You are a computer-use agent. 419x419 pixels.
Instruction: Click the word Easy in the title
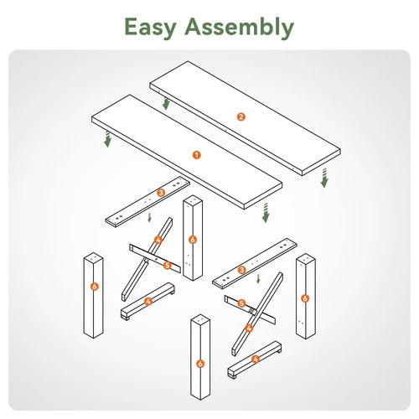click(150, 27)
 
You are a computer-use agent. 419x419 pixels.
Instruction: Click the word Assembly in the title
click(239, 27)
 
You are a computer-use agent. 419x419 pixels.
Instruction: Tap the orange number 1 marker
click(197, 155)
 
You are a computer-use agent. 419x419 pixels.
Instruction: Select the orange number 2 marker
click(241, 116)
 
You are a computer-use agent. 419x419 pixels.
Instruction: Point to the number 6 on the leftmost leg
click(95, 287)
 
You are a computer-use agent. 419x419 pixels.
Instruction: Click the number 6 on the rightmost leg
click(305, 298)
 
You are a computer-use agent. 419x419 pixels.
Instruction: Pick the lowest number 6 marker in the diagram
click(200, 364)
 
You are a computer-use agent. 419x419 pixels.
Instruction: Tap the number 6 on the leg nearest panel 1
click(193, 240)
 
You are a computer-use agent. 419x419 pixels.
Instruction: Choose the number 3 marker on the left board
click(161, 193)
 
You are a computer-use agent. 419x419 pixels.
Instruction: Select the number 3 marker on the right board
click(242, 270)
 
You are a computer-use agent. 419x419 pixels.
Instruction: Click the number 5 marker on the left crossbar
click(167, 265)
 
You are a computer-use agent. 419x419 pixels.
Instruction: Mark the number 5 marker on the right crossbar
click(241, 303)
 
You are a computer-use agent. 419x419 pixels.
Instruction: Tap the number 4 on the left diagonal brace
click(158, 240)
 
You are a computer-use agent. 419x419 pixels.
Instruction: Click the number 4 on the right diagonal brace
click(249, 328)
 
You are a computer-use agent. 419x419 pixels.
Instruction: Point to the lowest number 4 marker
click(255, 360)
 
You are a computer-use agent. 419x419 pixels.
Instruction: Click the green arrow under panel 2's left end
click(166, 103)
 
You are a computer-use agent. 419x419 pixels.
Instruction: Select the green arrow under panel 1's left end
click(107, 139)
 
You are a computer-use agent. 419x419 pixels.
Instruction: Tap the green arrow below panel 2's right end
click(324, 178)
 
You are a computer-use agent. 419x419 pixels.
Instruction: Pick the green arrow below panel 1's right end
click(266, 213)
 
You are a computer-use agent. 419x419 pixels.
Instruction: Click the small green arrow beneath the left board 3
click(149, 217)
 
